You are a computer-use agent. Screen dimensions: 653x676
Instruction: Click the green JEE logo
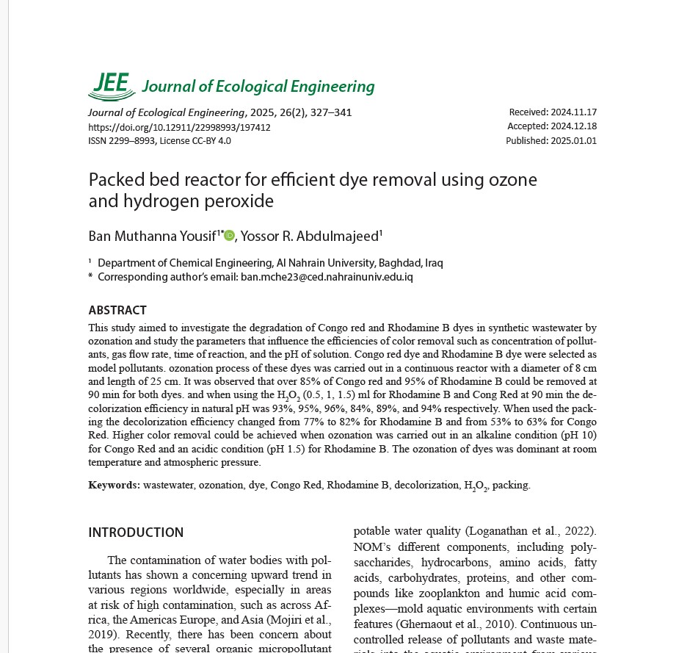pyautogui.click(x=112, y=86)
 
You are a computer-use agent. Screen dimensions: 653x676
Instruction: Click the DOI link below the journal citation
pyautogui.click(x=179, y=127)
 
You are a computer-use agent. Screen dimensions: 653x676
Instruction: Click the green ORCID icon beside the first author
pyautogui.click(x=230, y=235)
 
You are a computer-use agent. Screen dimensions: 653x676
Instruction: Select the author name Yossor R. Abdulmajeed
pyautogui.click(x=310, y=236)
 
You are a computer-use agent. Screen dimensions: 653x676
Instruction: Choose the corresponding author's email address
pyautogui.click(x=327, y=277)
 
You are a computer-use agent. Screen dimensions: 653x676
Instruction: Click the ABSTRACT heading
pyautogui.click(x=117, y=310)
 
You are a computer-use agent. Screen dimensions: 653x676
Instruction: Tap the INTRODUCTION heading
pyautogui.click(x=136, y=533)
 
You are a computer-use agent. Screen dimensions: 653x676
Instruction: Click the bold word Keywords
pyautogui.click(x=114, y=485)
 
